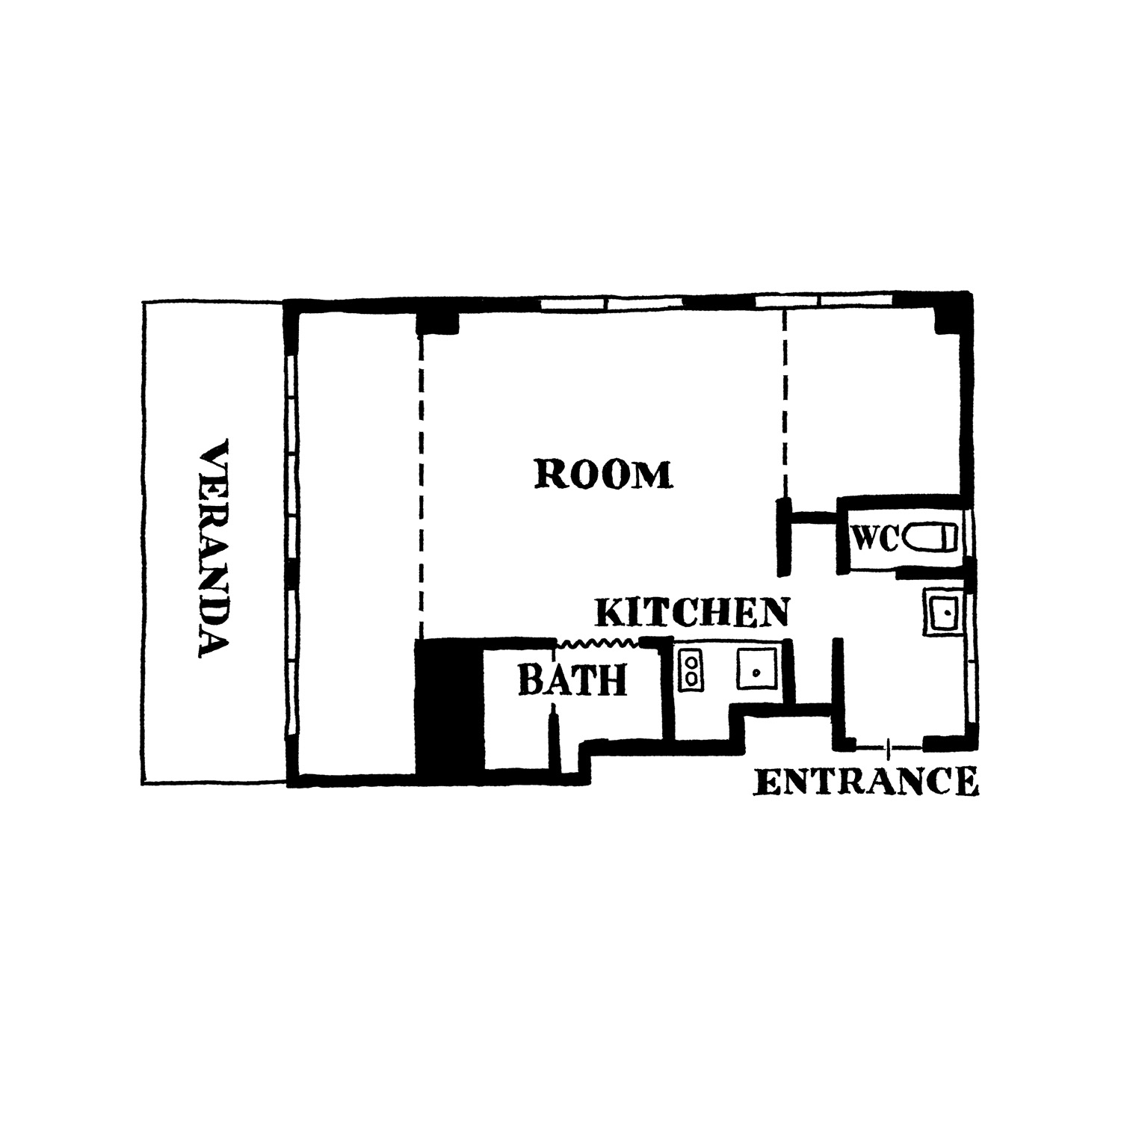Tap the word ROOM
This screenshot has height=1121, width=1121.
604,475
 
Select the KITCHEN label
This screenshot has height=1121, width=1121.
692,613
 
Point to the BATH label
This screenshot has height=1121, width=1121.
572,679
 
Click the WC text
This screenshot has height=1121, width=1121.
875,538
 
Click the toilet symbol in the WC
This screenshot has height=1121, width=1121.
930,538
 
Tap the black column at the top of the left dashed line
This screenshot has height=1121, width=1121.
437,320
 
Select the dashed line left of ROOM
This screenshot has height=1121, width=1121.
421,486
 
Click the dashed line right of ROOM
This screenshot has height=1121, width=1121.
784,404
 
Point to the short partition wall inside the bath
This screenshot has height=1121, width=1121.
554,740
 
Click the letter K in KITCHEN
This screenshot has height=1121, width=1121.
608,614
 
